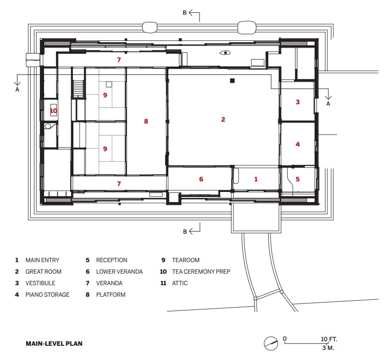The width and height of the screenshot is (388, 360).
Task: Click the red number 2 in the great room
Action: click(223, 119)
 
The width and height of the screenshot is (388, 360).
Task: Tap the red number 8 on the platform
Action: click(146, 121)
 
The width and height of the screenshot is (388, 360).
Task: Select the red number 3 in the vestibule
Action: click(298, 102)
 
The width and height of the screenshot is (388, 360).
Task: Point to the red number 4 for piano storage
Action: click(298, 144)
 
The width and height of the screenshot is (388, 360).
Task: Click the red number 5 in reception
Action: click(298, 179)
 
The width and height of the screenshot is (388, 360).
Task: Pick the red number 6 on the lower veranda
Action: click(201, 179)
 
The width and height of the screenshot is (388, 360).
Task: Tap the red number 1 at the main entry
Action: click(256, 179)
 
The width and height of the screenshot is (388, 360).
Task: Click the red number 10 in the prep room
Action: click(54, 111)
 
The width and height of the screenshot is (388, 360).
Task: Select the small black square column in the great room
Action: click(232, 80)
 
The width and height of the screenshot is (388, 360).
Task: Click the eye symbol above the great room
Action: click(225, 52)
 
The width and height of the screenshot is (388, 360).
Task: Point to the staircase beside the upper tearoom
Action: click(78, 89)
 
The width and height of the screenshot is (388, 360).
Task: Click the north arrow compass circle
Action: click(271, 343)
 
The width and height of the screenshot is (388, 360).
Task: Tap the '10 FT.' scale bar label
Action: click(329, 339)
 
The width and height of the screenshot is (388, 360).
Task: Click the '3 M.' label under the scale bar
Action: click(328, 348)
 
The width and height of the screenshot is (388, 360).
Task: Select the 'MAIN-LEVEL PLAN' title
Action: click(54, 343)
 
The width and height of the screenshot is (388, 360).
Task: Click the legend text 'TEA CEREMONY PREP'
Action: click(201, 271)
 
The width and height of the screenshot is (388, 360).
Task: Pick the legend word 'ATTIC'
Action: click(180, 283)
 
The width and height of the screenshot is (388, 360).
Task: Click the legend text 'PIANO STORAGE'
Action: click(48, 295)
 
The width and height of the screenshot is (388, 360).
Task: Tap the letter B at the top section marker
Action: click(184, 13)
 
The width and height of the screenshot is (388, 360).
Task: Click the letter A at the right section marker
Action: click(328, 104)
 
